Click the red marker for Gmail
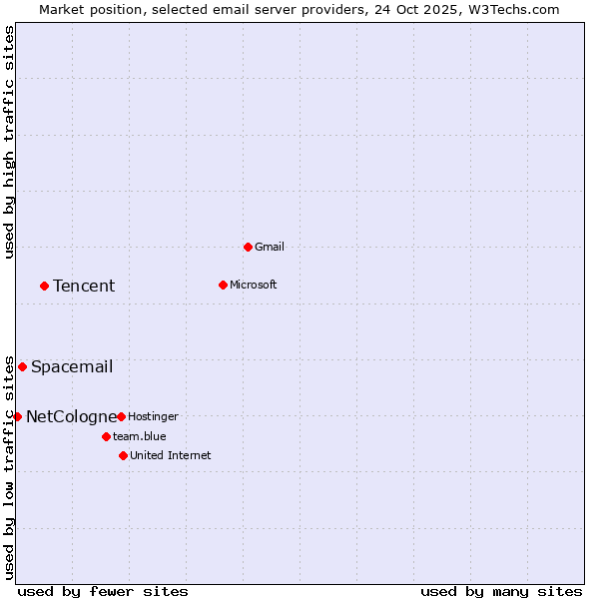(x=248, y=247)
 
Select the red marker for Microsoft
(x=223, y=285)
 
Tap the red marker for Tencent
(x=44, y=286)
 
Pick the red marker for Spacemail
(x=22, y=366)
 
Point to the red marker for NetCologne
(x=17, y=416)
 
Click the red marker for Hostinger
(x=121, y=416)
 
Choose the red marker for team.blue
(x=106, y=436)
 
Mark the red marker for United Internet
(x=123, y=455)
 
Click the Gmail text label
(x=270, y=247)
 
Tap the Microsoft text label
(x=254, y=285)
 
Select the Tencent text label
(x=84, y=286)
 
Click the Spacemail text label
(x=72, y=366)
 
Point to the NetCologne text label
(x=71, y=416)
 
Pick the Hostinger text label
(x=153, y=416)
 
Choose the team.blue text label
(x=140, y=436)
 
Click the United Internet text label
(x=170, y=455)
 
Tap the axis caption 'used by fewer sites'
(x=103, y=591)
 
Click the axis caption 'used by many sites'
(x=501, y=591)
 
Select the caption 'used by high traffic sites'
(x=10, y=142)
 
